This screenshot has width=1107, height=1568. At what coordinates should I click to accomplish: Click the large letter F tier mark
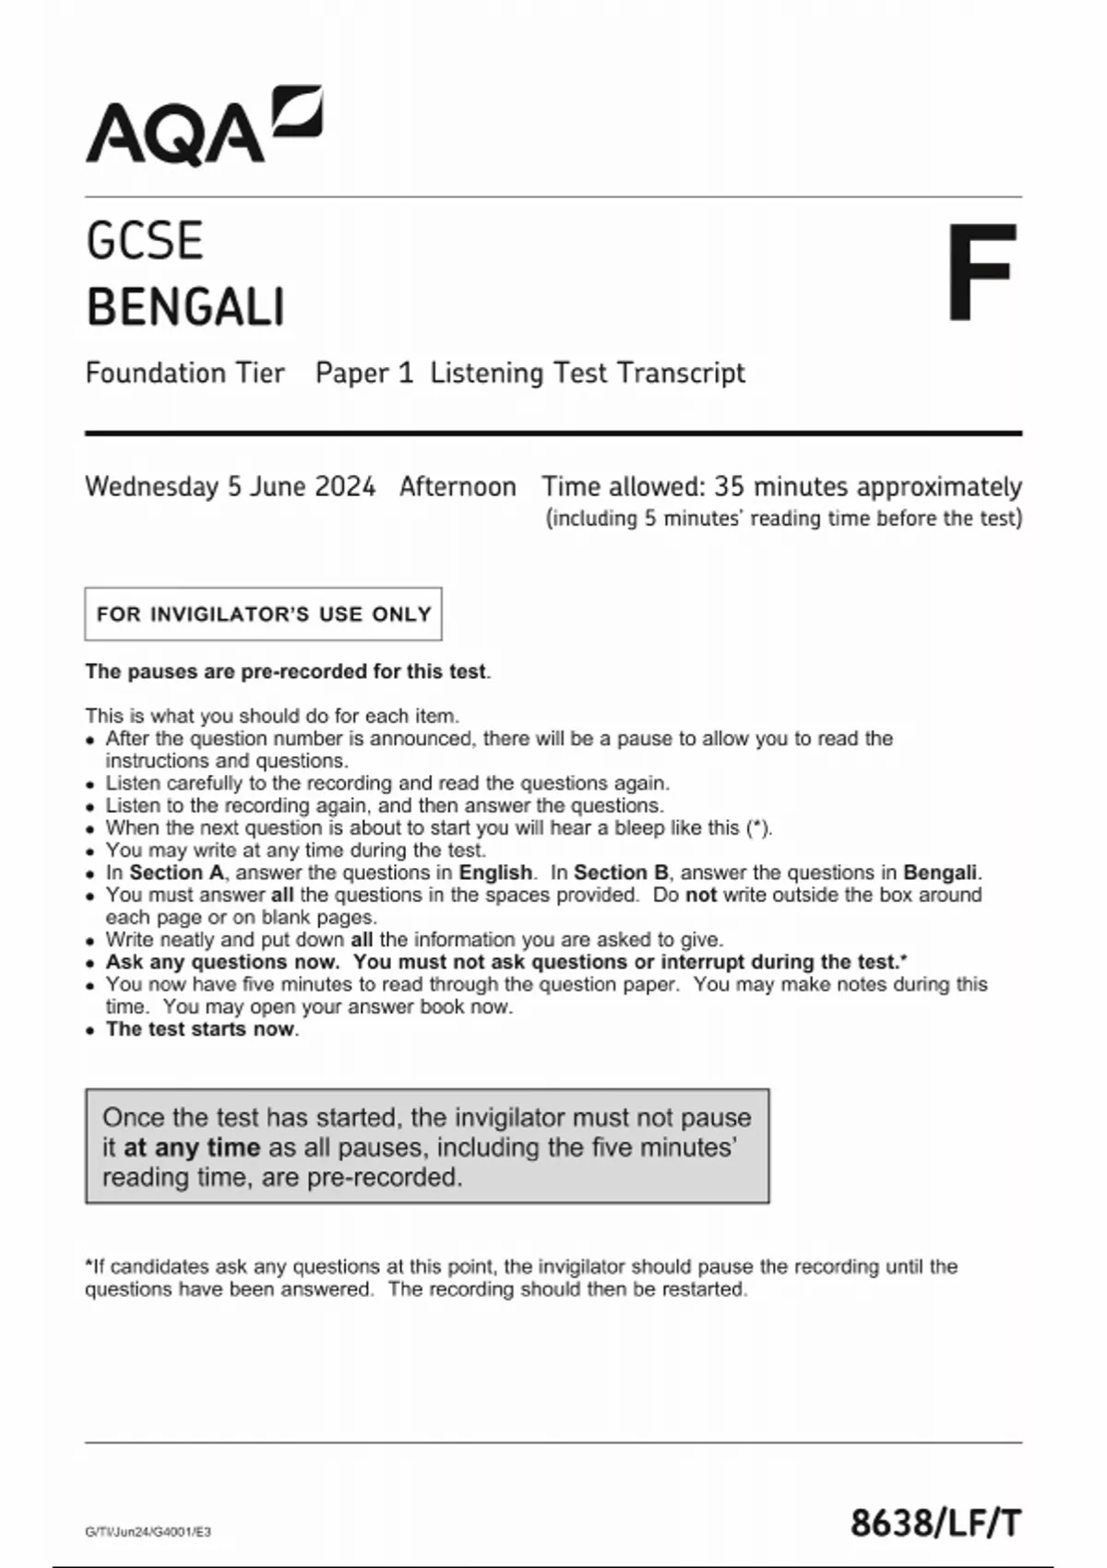(982, 273)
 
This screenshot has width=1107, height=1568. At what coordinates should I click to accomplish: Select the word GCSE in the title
(144, 242)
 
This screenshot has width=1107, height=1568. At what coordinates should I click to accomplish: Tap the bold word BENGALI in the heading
(185, 307)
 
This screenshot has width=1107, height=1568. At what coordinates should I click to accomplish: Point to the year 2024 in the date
(345, 486)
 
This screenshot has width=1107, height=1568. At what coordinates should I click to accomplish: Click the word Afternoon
(458, 486)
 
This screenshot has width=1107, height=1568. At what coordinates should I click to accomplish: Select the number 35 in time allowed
(730, 486)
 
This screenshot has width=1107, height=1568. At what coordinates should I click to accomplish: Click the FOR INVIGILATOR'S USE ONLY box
(263, 614)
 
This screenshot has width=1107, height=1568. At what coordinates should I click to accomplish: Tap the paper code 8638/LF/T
(935, 1523)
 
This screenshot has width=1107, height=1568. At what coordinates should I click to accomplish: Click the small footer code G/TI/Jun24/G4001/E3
(148, 1532)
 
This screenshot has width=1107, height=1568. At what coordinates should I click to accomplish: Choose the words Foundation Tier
(184, 373)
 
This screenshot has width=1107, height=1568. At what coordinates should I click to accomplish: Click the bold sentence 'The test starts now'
(200, 1029)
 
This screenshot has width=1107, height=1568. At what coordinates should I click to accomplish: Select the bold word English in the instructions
(495, 873)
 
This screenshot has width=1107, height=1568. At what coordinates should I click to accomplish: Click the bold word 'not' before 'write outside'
(700, 895)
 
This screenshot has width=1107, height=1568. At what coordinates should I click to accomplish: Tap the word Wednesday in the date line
(152, 486)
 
